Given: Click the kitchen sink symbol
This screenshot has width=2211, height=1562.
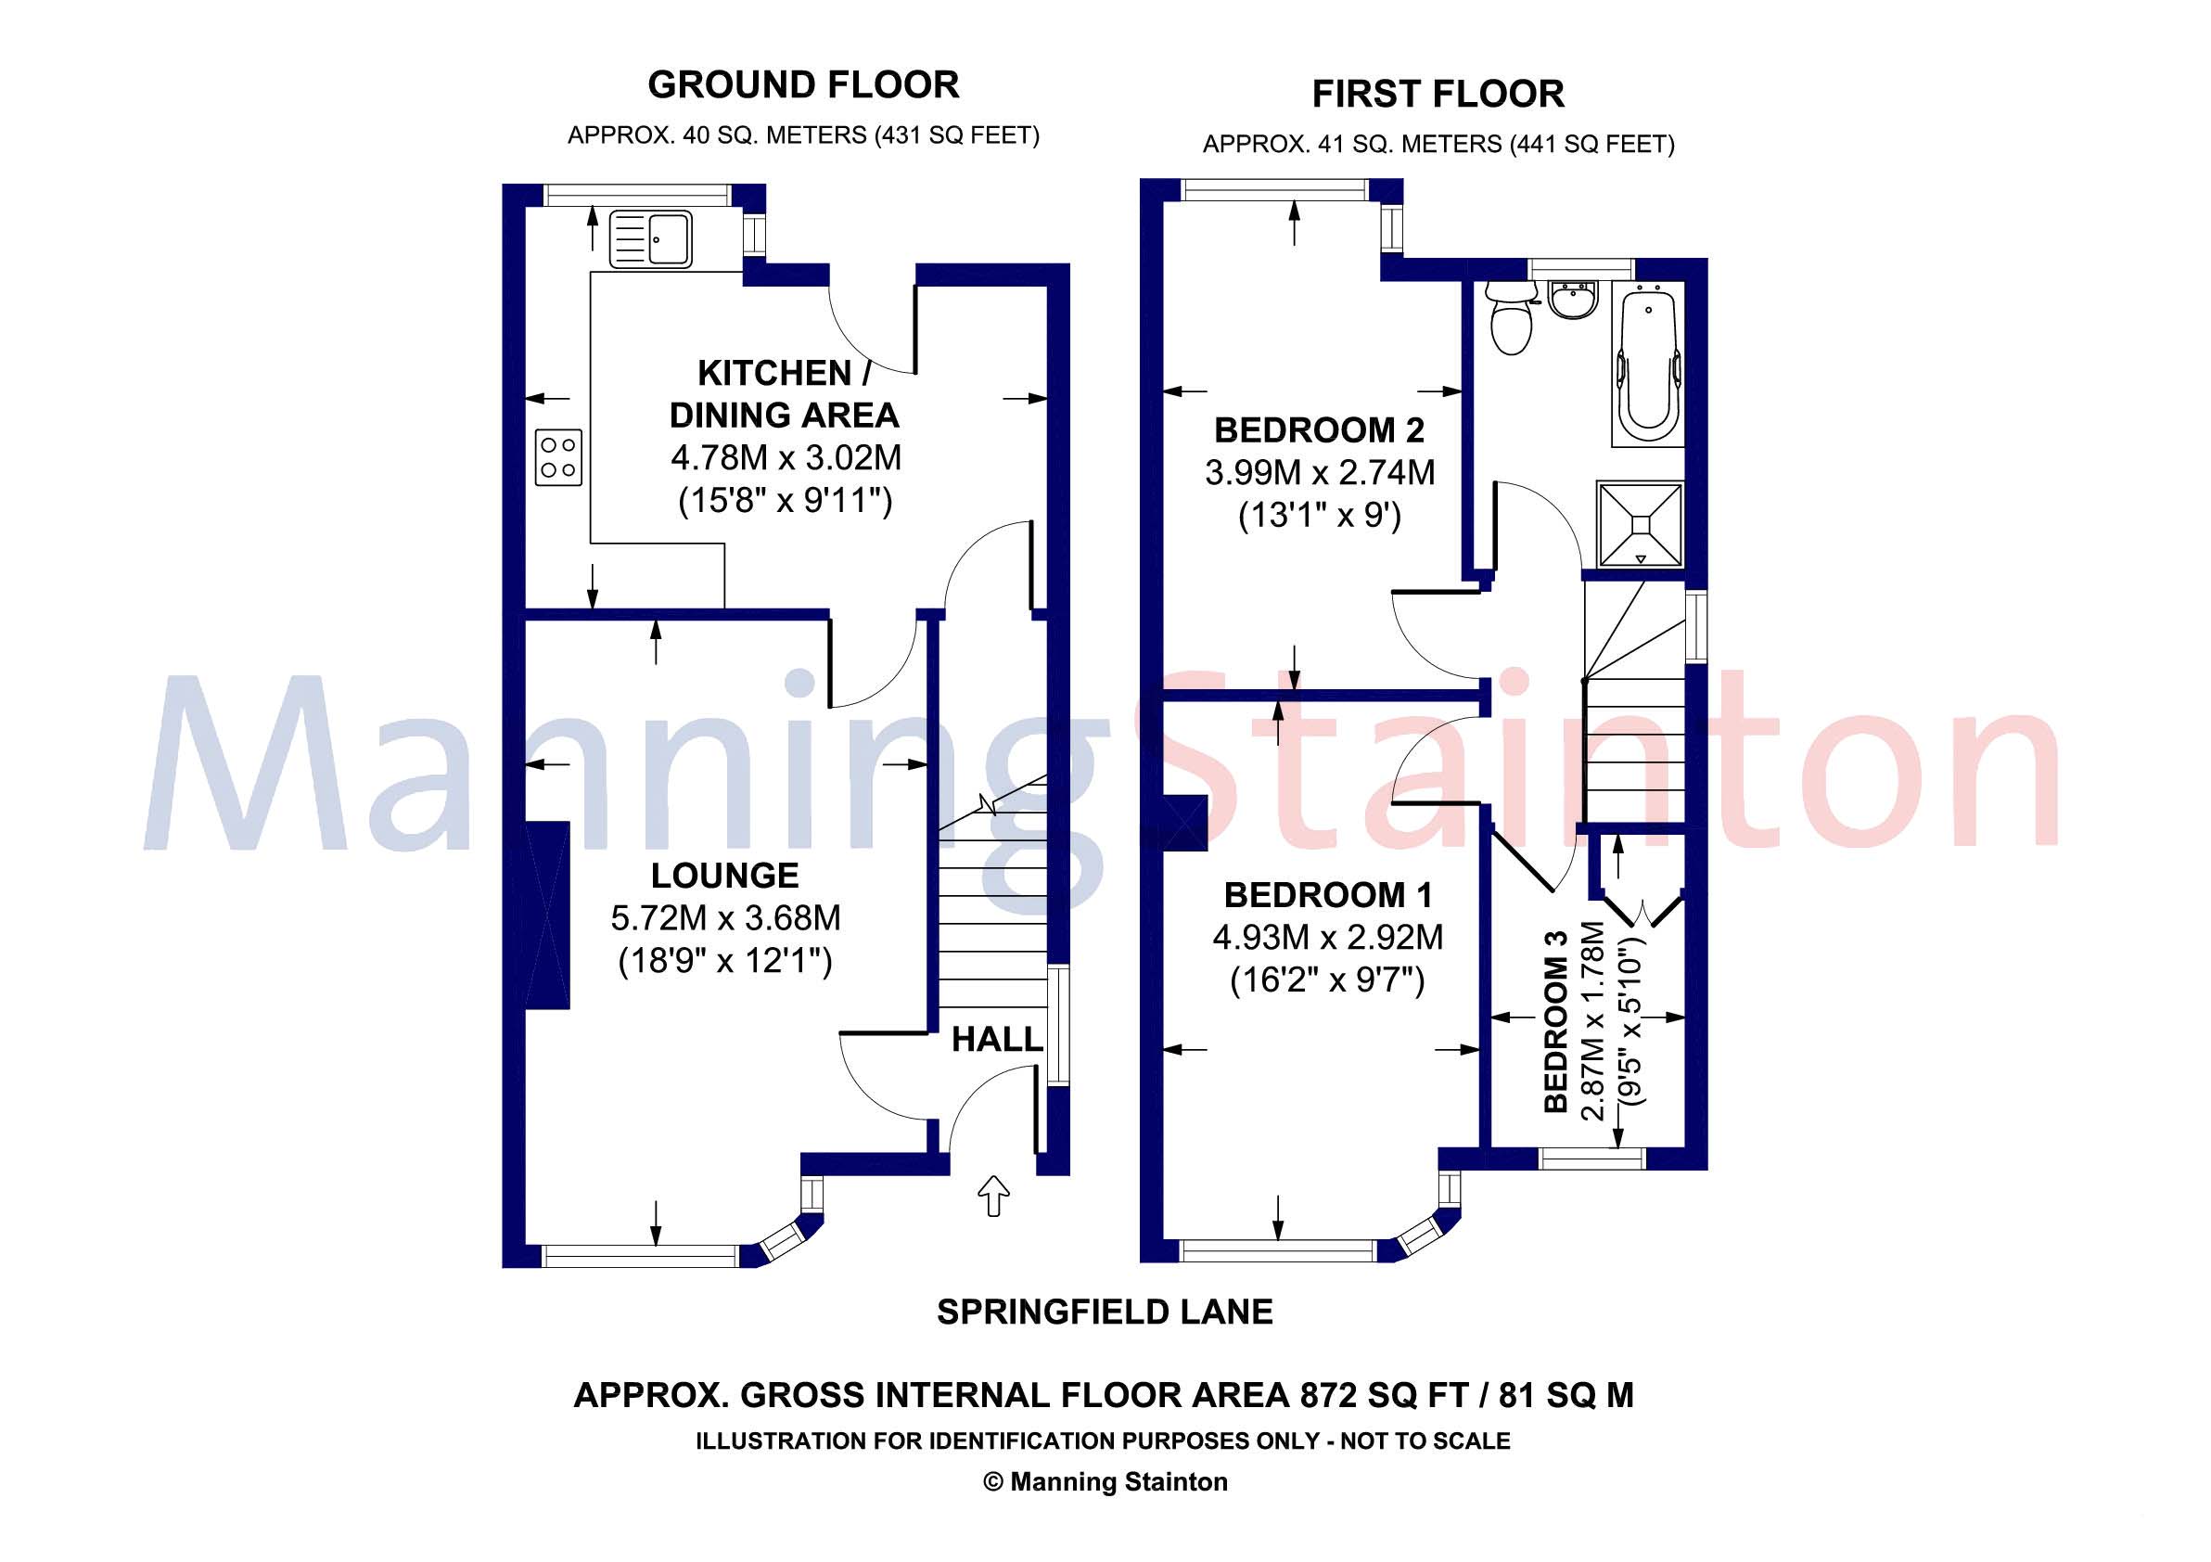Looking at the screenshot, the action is (650, 240).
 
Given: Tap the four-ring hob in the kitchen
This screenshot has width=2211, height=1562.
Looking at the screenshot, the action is (558, 457).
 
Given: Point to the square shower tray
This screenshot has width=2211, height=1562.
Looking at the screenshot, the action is (1640, 523).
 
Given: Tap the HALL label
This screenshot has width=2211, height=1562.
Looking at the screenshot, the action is (997, 1039).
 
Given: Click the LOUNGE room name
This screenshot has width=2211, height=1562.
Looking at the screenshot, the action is (725, 876).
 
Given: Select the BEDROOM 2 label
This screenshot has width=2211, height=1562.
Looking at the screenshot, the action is (1320, 429).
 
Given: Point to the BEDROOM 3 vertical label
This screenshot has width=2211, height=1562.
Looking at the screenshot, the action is (1556, 1022).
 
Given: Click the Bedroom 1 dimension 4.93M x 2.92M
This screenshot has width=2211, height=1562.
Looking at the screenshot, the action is (1328, 937).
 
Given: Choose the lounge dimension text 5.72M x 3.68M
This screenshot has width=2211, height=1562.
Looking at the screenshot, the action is (726, 917).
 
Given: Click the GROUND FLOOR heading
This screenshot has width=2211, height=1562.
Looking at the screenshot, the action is (803, 84).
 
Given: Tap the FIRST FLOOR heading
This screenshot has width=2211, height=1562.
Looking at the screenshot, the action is (1438, 95).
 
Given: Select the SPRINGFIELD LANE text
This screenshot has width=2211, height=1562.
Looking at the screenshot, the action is (1105, 1312).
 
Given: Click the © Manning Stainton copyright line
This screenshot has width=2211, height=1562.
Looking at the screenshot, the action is (1105, 1481).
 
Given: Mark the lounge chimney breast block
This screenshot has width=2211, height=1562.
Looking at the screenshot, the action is (547, 915).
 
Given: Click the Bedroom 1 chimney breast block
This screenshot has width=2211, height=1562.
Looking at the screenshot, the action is (1184, 824).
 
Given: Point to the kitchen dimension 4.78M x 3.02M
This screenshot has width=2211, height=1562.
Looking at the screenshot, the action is (786, 457).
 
